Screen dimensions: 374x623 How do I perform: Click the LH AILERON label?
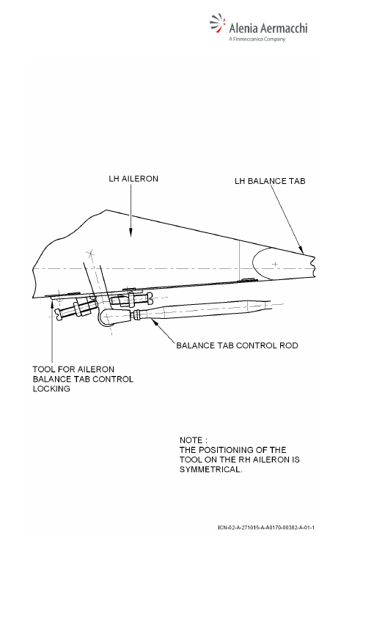pyautogui.click(x=133, y=179)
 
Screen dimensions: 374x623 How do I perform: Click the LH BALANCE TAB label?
pyautogui.click(x=270, y=181)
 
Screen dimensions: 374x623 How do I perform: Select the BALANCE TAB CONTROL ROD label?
pyautogui.click(x=238, y=345)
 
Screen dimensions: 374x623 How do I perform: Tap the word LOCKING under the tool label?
pyautogui.click(x=51, y=388)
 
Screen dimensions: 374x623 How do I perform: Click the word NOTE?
pyautogui.click(x=191, y=440)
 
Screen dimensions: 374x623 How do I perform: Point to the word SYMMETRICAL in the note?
pyautogui.click(x=210, y=469)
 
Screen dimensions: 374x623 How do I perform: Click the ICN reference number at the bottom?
pyautogui.click(x=266, y=528)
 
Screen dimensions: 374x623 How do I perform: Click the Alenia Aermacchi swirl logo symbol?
pyautogui.click(x=217, y=23)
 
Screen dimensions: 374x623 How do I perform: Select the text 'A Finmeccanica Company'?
pyautogui.click(x=257, y=39)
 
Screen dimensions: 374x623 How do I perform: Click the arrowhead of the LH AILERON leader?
pyautogui.click(x=131, y=233)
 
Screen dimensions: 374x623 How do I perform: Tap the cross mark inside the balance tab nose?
pyautogui.click(x=275, y=264)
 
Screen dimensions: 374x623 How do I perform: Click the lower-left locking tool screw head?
pyautogui.click(x=59, y=314)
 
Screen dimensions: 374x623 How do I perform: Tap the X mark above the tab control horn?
pyautogui.click(x=91, y=252)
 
